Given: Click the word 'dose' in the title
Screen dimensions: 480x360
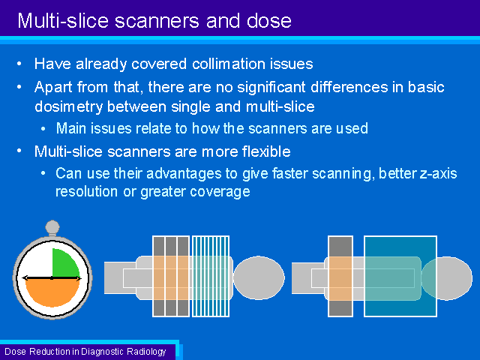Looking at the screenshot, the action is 269,21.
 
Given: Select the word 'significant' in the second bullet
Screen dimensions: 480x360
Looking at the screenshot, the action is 271,88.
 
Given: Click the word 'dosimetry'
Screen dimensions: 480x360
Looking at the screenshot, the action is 68,107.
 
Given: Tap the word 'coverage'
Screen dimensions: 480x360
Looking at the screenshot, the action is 220,192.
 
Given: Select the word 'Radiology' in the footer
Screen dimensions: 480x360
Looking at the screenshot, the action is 146,352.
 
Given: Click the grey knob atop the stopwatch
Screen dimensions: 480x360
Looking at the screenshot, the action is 52,227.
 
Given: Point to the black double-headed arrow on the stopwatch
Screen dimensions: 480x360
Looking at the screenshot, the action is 52,278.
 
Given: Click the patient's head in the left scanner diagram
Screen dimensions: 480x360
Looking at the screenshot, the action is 259,277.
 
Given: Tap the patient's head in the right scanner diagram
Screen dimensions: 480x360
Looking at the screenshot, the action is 447,278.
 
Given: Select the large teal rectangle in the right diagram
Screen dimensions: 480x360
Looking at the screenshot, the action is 400,276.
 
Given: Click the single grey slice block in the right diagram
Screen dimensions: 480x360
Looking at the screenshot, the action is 340,276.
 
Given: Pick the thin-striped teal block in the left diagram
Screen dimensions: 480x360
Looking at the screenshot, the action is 210,276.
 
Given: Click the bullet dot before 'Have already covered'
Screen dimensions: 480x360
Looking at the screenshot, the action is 19,64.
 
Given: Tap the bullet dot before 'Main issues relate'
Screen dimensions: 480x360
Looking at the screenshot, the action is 43,129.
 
